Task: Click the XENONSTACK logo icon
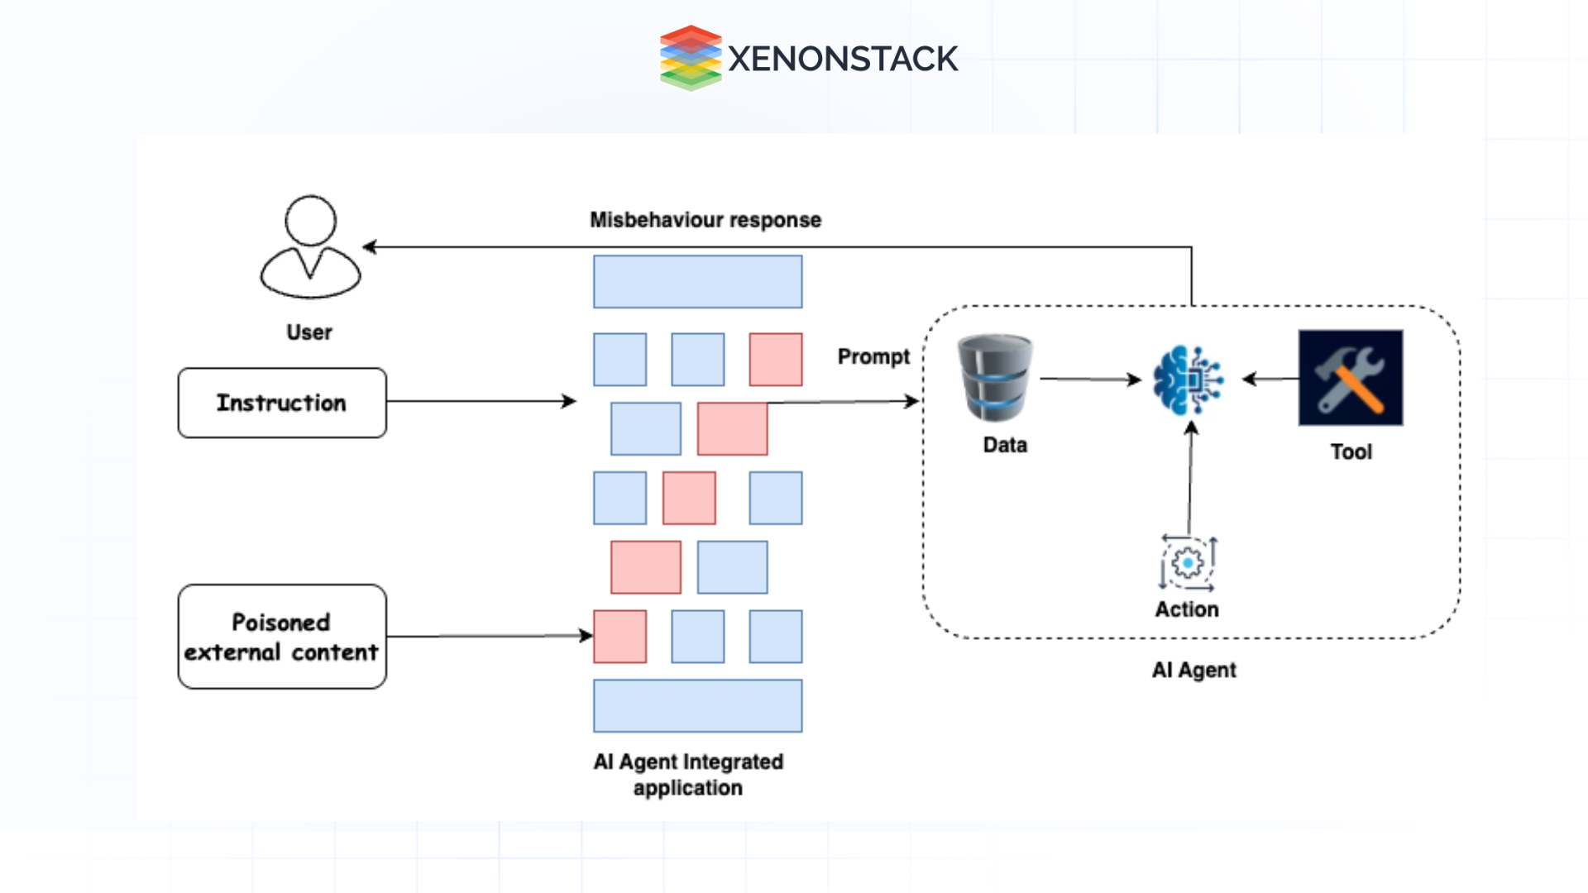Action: click(690, 58)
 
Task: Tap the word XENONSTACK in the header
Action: click(842, 59)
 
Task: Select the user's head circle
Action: click(310, 221)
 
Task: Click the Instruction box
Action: click(282, 403)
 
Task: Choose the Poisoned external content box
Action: click(282, 637)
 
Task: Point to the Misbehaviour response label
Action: click(705, 220)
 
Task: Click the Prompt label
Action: click(873, 356)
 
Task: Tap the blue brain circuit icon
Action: click(1188, 380)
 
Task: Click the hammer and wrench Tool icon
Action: click(1350, 378)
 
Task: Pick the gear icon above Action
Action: click(1188, 563)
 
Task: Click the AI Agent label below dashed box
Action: click(1193, 670)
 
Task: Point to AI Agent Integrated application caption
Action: click(688, 774)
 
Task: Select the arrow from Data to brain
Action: click(1089, 380)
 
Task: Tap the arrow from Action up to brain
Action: click(1190, 480)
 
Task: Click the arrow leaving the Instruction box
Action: click(480, 401)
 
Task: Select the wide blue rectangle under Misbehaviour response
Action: click(697, 282)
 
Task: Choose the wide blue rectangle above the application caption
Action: click(697, 705)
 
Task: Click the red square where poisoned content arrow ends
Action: click(619, 637)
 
